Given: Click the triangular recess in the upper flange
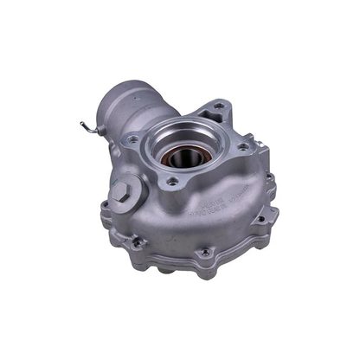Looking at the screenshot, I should click(x=208, y=118).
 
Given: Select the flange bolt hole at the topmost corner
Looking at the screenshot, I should click(x=218, y=106).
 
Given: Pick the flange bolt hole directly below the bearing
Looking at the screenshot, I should click(x=174, y=182).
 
